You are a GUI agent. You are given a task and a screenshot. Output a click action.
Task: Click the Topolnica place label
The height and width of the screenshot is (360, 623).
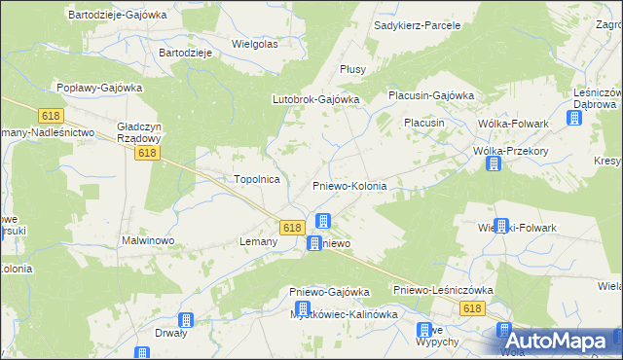click(x=257, y=180)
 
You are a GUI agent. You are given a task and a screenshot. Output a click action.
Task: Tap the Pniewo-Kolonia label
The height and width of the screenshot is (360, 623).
click(x=349, y=186)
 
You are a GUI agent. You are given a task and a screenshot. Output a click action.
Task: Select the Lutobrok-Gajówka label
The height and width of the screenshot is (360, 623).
click(x=315, y=99)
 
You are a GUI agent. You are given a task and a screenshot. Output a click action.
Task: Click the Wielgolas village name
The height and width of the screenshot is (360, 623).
click(x=255, y=45)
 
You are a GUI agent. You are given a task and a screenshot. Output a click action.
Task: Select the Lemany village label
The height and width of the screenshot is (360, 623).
click(x=260, y=240)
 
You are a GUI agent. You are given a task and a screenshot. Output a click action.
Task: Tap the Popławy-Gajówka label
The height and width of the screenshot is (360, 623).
click(x=99, y=88)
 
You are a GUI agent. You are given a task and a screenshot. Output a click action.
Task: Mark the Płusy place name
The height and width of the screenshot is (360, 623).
click(x=351, y=69)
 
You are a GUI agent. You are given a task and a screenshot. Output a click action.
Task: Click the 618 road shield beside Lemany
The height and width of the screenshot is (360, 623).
click(x=292, y=227)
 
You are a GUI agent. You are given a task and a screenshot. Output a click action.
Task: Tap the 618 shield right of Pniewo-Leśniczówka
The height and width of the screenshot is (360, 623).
click(x=472, y=308)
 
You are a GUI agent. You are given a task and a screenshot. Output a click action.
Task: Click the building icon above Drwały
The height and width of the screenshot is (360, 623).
click(x=186, y=320)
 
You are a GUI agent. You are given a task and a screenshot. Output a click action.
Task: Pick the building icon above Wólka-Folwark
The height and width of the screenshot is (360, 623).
click(x=574, y=118)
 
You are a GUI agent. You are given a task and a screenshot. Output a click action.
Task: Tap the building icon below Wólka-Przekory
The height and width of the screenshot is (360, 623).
click(x=494, y=163)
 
